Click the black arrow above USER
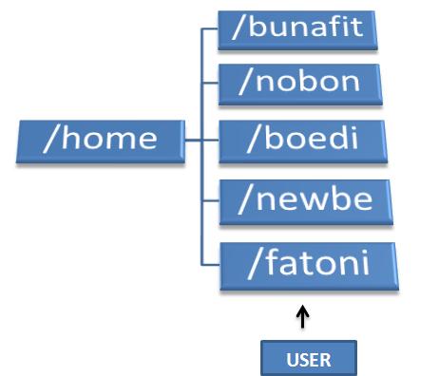pyautogui.click(x=303, y=316)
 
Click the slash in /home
pyautogui.click(x=49, y=139)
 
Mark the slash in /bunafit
pyautogui.click(x=238, y=29)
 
